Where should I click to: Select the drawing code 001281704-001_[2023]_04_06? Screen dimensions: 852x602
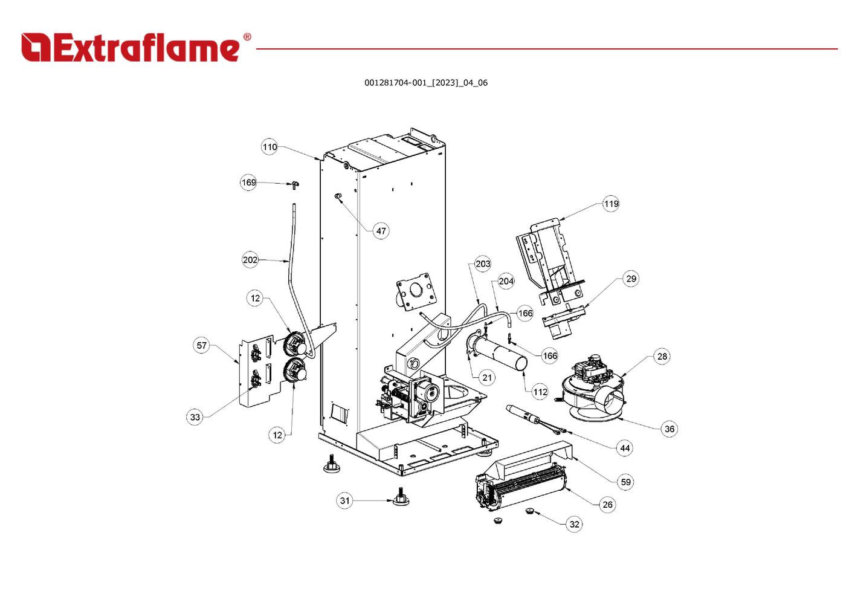426,83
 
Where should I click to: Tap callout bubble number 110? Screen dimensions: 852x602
269,147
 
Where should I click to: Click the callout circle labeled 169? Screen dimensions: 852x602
248,183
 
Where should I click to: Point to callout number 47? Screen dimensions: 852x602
381,231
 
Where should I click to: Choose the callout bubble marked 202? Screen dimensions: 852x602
250,260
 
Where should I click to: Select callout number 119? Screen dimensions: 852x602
611,204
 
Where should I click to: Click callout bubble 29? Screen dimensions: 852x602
631,279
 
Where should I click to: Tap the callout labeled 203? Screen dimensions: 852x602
483,264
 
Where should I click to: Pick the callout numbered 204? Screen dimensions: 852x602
506,281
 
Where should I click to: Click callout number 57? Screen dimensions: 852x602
201,346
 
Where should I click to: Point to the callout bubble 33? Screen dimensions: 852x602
195,417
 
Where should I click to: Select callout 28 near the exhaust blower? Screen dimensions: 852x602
662,357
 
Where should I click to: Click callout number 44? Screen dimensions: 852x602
625,448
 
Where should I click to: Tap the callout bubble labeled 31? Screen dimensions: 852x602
344,500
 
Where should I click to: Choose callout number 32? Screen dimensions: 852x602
574,525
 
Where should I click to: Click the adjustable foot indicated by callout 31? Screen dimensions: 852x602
401,497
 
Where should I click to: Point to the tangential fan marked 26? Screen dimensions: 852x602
521,489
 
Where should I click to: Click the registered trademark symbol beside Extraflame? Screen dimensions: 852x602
247,37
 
